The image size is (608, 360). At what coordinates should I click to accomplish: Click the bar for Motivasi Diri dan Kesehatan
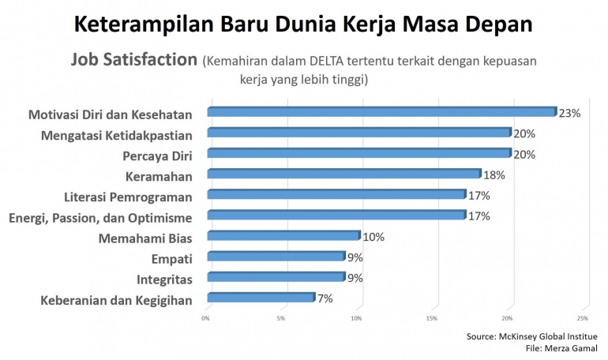point(381,112)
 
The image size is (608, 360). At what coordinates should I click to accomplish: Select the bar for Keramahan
point(343,174)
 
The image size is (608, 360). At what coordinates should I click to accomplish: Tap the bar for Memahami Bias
point(283,235)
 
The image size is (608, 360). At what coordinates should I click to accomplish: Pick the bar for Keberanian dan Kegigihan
point(260,298)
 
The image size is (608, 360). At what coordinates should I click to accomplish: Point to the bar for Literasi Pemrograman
point(336,194)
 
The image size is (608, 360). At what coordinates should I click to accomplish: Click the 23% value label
point(569,114)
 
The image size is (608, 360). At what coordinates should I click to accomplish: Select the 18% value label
point(494,174)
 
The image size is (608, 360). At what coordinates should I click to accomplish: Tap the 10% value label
point(373,236)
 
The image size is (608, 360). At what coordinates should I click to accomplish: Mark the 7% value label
point(325,298)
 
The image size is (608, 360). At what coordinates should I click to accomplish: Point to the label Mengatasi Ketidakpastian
point(117,133)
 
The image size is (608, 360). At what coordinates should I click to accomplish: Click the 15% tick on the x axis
point(432,318)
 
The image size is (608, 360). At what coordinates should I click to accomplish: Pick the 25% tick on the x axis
point(583,318)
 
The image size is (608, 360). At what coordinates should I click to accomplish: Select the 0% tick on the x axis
point(206,318)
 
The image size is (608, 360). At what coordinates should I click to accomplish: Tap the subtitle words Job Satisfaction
point(133,60)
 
